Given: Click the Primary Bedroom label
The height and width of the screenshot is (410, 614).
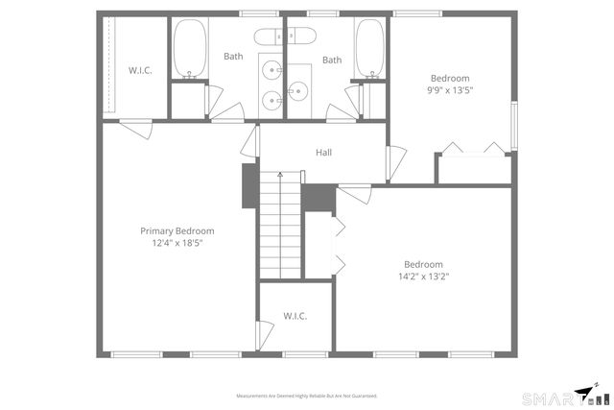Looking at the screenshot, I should click(177, 231).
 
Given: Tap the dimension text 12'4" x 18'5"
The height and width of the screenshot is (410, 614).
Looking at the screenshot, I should click(177, 244).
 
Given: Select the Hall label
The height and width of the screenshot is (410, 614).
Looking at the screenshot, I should click(324, 152).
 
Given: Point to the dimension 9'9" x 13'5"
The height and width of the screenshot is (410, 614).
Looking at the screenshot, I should click(450, 90).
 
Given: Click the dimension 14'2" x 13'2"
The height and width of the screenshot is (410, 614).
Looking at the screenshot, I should click(423, 277).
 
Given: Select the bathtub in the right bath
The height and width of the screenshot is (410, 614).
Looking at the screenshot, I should click(369, 48).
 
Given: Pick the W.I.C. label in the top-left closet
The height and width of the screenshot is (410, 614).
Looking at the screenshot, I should click(141, 70).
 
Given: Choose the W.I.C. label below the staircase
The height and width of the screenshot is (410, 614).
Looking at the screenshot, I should click(295, 317).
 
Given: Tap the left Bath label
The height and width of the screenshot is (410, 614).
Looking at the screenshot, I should click(233, 57).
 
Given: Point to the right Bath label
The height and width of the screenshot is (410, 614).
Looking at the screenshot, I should click(332, 60).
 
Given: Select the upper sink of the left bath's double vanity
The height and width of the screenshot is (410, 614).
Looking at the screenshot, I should click(272, 70).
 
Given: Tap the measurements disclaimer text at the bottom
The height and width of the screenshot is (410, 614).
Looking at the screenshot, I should click(307, 396).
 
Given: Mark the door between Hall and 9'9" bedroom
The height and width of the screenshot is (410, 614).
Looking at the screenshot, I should click(393, 163).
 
